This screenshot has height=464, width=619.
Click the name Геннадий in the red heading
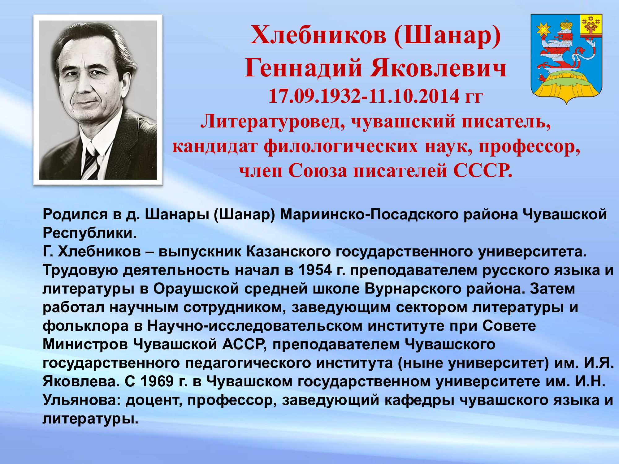click(x=303, y=68)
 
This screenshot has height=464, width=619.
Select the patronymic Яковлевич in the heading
click(x=438, y=68)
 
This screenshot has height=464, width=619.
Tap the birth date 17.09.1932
click(x=314, y=96)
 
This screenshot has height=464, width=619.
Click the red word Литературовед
click(x=273, y=121)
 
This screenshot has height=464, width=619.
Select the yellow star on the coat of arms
click(x=543, y=30)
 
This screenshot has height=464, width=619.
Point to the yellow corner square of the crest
click(x=591, y=25)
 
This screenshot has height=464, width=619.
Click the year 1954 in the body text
click(x=315, y=270)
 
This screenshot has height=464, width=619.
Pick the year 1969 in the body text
click(x=157, y=381)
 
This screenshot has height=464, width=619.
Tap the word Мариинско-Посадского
click(x=369, y=215)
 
